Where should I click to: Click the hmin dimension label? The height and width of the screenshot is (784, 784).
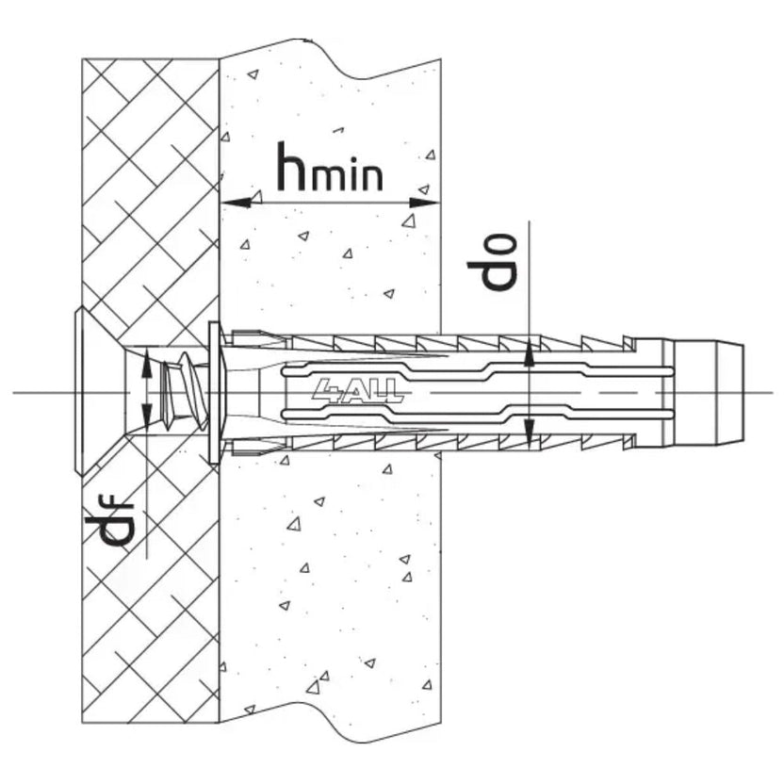[x=331, y=167]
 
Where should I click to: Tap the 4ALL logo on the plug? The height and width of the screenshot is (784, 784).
[x=357, y=390]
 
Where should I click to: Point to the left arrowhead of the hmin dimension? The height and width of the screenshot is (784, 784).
[x=236, y=203]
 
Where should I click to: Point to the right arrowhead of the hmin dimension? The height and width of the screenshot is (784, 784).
[x=424, y=203]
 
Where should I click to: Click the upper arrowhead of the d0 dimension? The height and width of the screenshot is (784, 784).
[x=530, y=353]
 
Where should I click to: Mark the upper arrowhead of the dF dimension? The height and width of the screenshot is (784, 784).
[x=146, y=364]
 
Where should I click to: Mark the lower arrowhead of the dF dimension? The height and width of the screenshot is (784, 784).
[x=146, y=418]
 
